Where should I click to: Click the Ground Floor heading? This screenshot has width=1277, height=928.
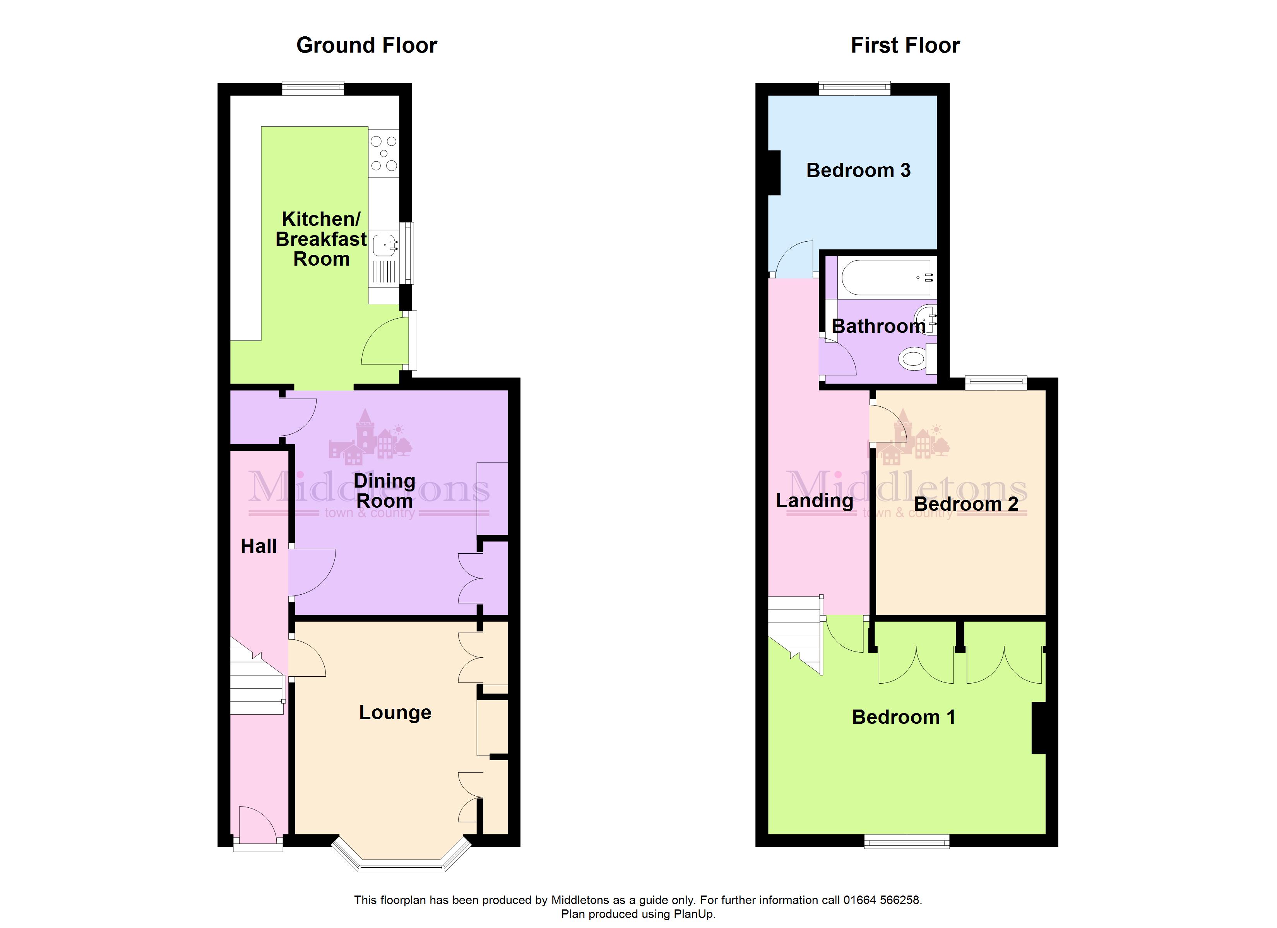(x=366, y=45)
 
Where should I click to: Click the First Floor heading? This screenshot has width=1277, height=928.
(x=905, y=45)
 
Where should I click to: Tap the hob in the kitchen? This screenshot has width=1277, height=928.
(x=384, y=153)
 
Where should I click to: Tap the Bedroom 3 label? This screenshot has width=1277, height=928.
(x=858, y=170)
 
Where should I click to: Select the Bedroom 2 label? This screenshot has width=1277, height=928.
(x=966, y=504)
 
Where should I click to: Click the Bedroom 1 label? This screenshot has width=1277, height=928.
(x=904, y=717)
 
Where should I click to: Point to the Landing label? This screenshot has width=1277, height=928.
(x=814, y=500)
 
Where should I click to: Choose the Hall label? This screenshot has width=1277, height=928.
(x=258, y=546)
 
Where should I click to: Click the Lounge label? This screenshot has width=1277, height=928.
(x=395, y=713)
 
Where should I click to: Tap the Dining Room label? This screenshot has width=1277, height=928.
(x=385, y=491)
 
